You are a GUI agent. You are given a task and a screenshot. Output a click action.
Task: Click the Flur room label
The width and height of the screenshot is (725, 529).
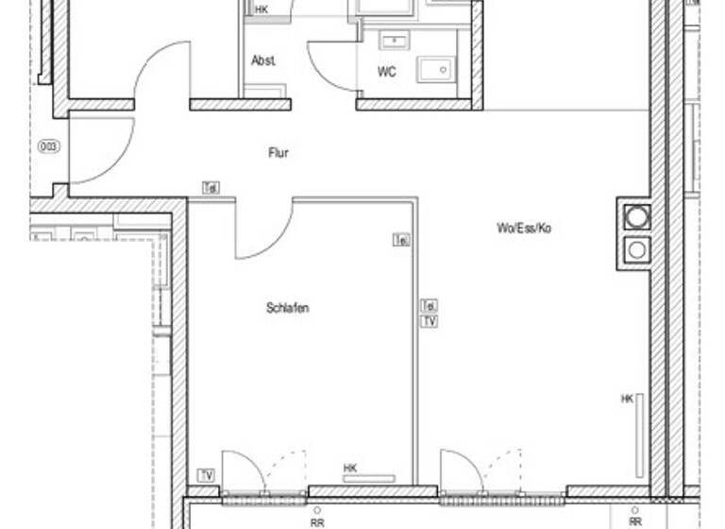[278, 153]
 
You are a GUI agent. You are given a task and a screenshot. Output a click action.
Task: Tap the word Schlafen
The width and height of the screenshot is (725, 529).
[288, 308]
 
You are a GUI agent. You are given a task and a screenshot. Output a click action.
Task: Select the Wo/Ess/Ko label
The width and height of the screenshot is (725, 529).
[523, 228]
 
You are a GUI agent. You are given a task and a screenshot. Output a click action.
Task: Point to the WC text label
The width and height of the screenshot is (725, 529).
[387, 72]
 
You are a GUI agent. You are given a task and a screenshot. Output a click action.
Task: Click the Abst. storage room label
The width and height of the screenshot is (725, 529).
[263, 60]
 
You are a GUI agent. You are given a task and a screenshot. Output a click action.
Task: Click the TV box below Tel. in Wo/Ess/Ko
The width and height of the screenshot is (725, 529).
[429, 321]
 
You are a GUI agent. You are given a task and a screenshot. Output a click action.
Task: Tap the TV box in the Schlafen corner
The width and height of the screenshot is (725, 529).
[206, 474]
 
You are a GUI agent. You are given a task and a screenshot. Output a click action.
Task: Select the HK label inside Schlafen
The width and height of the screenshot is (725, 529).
[350, 468]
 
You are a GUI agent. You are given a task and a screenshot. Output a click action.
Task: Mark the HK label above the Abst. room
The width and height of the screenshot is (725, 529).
[261, 9]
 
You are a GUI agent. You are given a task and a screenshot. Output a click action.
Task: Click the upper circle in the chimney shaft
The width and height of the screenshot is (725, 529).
[638, 216]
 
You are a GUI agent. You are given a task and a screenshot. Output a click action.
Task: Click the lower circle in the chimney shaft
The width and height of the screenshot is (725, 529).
[638, 250]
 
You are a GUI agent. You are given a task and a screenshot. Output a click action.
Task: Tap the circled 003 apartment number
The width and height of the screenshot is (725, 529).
[47, 146]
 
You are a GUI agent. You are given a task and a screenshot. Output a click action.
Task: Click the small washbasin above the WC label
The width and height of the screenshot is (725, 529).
[390, 41]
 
